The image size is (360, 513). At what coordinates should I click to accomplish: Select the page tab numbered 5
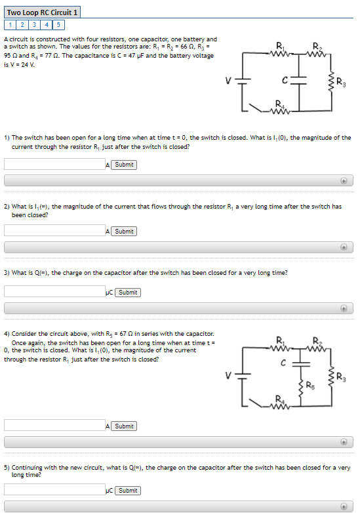(x=58, y=25)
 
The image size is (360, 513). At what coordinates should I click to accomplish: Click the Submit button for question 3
(x=128, y=292)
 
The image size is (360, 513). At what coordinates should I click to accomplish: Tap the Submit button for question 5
(x=128, y=490)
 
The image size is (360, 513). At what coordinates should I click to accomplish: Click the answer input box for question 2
(x=54, y=231)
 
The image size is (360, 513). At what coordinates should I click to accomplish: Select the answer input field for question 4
(x=54, y=426)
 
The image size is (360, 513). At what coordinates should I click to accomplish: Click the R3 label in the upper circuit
(x=342, y=83)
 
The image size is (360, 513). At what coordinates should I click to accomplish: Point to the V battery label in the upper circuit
(x=228, y=81)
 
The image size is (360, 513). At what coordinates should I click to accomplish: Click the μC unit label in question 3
(x=109, y=293)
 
